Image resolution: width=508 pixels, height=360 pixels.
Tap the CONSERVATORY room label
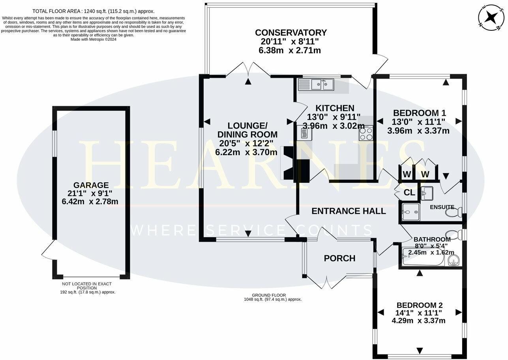coord(291,33)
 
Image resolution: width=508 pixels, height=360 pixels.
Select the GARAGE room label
coord(91,185)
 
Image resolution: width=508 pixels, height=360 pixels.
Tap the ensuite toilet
coord(454,212)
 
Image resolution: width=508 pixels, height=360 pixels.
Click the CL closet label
coord(409,193)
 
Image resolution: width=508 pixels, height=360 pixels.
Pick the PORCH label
coord(339,258)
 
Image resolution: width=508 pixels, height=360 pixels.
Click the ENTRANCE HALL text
coord(349,211)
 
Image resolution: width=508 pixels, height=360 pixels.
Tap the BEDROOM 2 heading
coord(420,305)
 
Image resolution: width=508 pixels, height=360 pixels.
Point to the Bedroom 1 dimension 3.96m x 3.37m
coord(418,131)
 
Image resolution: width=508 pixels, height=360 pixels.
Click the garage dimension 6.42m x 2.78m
coord(90,201)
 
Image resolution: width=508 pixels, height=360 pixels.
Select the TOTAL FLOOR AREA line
coord(94,11)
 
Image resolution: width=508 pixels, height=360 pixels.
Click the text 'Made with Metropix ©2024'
coord(94,39)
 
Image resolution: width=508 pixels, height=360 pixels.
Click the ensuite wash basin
coord(427,193)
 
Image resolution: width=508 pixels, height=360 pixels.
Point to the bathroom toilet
coord(454,234)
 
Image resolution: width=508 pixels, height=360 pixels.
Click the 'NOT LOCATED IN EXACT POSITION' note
coord(87,286)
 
